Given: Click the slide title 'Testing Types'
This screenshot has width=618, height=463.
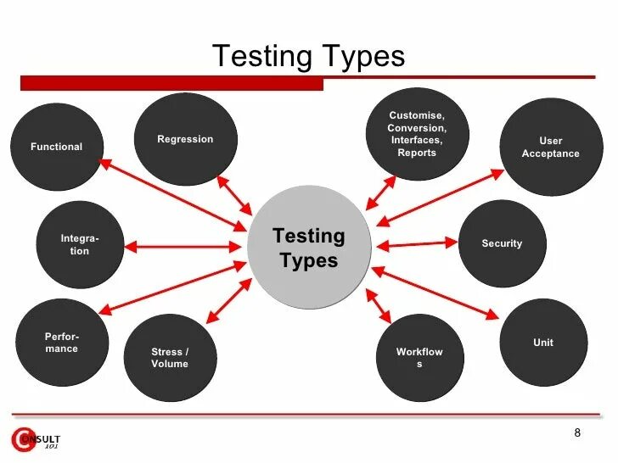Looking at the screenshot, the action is coord(308,57).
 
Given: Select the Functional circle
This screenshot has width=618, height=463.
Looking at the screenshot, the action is coord(57,147).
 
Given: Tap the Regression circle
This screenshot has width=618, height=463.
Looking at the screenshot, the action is coord(185,139).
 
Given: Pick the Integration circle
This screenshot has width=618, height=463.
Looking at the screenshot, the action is coord(79,245).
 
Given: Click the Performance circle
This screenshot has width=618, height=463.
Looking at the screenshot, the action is coord(62,343).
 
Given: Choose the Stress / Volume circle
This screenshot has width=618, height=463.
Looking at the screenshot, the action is coord(170,358).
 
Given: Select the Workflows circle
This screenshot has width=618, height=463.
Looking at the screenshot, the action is coord(419,358).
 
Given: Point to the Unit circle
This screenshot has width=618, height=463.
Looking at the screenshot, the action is coord(543,343).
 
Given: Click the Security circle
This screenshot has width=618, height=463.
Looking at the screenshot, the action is coord(502,244).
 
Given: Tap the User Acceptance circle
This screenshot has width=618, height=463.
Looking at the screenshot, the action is coord(551,148).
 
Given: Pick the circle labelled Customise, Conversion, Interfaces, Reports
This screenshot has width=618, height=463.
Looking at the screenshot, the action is coord(416,134).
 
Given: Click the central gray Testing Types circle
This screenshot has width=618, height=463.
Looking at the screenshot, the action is coord(309,248).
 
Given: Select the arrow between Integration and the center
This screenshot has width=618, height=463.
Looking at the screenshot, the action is coord(183,247).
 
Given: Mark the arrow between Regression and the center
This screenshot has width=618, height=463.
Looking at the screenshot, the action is coord(234,195).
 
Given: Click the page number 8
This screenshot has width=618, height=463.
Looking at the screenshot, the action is coord(577,433).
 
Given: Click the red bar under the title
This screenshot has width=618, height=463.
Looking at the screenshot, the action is coord(170,83).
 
